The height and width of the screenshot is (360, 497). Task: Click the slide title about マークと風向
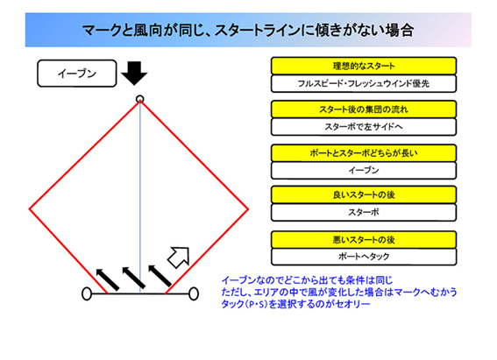point(248,31)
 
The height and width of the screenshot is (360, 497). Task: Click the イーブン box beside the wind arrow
point(77,74)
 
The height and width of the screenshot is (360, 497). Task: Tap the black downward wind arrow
point(134,74)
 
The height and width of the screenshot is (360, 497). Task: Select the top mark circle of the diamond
point(139,100)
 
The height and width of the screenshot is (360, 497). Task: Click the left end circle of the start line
point(87,293)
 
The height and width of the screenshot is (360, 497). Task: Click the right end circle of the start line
point(194,293)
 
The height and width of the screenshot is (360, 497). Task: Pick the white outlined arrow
point(179,258)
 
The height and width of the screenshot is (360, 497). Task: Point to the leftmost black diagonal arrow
point(108,279)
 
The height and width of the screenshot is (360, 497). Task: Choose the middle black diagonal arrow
point(134,278)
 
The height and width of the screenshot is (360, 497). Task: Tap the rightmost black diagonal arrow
point(160,276)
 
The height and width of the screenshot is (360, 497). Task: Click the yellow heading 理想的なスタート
point(364,66)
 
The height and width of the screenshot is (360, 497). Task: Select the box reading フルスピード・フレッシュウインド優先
point(364,83)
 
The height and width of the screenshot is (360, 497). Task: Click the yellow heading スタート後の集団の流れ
point(364,109)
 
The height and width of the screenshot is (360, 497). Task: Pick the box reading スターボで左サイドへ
point(364,127)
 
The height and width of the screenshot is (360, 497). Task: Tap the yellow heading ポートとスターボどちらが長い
point(364,153)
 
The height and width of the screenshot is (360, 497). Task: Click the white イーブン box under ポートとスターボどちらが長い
point(364,171)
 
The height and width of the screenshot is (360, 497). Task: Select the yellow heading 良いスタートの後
point(364,194)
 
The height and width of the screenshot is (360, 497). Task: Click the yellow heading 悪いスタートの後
point(364,240)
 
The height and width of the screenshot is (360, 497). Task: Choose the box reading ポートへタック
point(364,257)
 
